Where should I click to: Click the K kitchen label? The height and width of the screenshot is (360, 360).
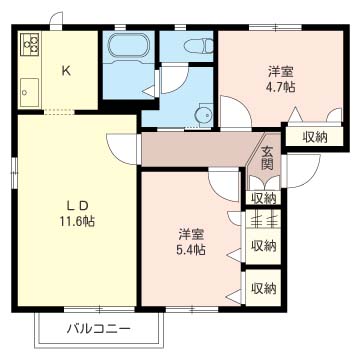click(66, 70)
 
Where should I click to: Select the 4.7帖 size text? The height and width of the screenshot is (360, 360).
click(280, 88)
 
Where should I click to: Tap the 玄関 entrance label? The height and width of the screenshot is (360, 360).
click(268, 158)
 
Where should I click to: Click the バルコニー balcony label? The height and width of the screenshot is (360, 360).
click(99, 328)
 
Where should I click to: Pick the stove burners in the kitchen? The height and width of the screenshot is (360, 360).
click(29, 46)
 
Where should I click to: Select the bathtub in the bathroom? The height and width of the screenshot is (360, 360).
click(126, 47)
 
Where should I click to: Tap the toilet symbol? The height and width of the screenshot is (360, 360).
click(200, 45)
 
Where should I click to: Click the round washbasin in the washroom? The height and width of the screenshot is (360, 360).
click(205, 114)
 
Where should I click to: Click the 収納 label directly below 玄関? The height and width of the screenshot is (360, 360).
click(264, 198)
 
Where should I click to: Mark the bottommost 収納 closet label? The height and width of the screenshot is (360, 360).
click(264, 288)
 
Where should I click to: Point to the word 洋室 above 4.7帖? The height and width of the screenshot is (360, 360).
click(280, 72)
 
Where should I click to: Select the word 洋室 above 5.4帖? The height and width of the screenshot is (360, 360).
click(189, 234)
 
